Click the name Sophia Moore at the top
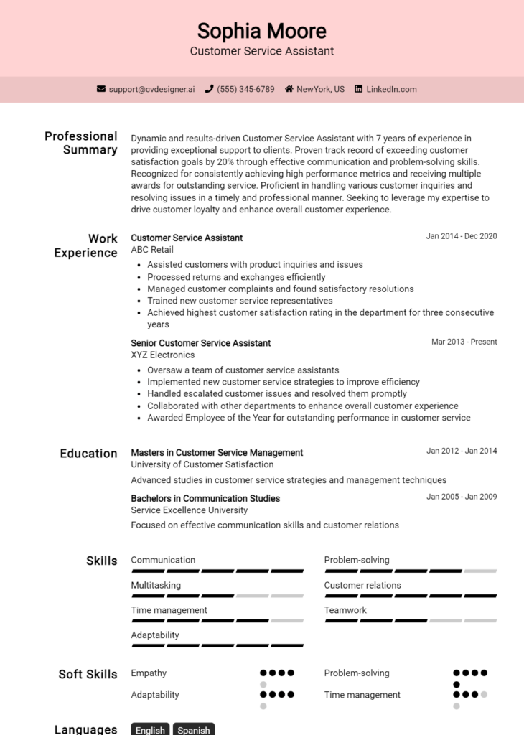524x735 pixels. pyautogui.click(x=262, y=31)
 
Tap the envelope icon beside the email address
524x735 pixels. pyautogui.click(x=101, y=89)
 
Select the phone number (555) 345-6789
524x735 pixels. pyautogui.click(x=245, y=89)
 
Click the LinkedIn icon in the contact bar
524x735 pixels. pyautogui.click(x=359, y=89)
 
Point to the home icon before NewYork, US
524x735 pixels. pyautogui.click(x=289, y=89)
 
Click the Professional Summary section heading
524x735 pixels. pyautogui.click(x=80, y=143)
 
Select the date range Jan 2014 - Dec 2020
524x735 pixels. pyautogui.click(x=461, y=236)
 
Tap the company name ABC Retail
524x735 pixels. pyautogui.click(x=152, y=250)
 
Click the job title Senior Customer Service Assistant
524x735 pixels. pyautogui.click(x=200, y=343)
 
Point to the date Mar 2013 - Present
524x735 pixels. pyautogui.click(x=464, y=342)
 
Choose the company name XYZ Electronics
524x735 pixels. pyautogui.click(x=162, y=355)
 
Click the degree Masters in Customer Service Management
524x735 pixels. pyautogui.click(x=217, y=453)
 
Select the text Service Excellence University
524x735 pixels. pyautogui.click(x=189, y=510)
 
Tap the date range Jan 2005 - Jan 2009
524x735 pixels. pyautogui.click(x=461, y=497)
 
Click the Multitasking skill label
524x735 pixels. pyautogui.click(x=156, y=585)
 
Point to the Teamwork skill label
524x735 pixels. pyautogui.click(x=345, y=610)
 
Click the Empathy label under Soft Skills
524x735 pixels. pyautogui.click(x=149, y=673)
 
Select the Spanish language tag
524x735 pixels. pyautogui.click(x=194, y=729)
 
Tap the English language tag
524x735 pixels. pyautogui.click(x=150, y=729)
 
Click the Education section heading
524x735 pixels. pyautogui.click(x=88, y=454)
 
